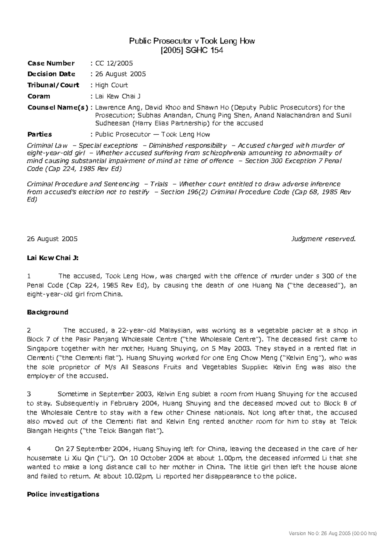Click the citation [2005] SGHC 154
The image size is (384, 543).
coord(192,50)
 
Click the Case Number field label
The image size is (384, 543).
coord(51,63)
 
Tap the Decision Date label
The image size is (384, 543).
coord(51,74)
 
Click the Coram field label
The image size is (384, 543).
coord(39,96)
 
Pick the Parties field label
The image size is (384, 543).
coord(40,134)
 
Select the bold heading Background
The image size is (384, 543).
coord(48,312)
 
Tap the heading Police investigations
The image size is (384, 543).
coord(63,494)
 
